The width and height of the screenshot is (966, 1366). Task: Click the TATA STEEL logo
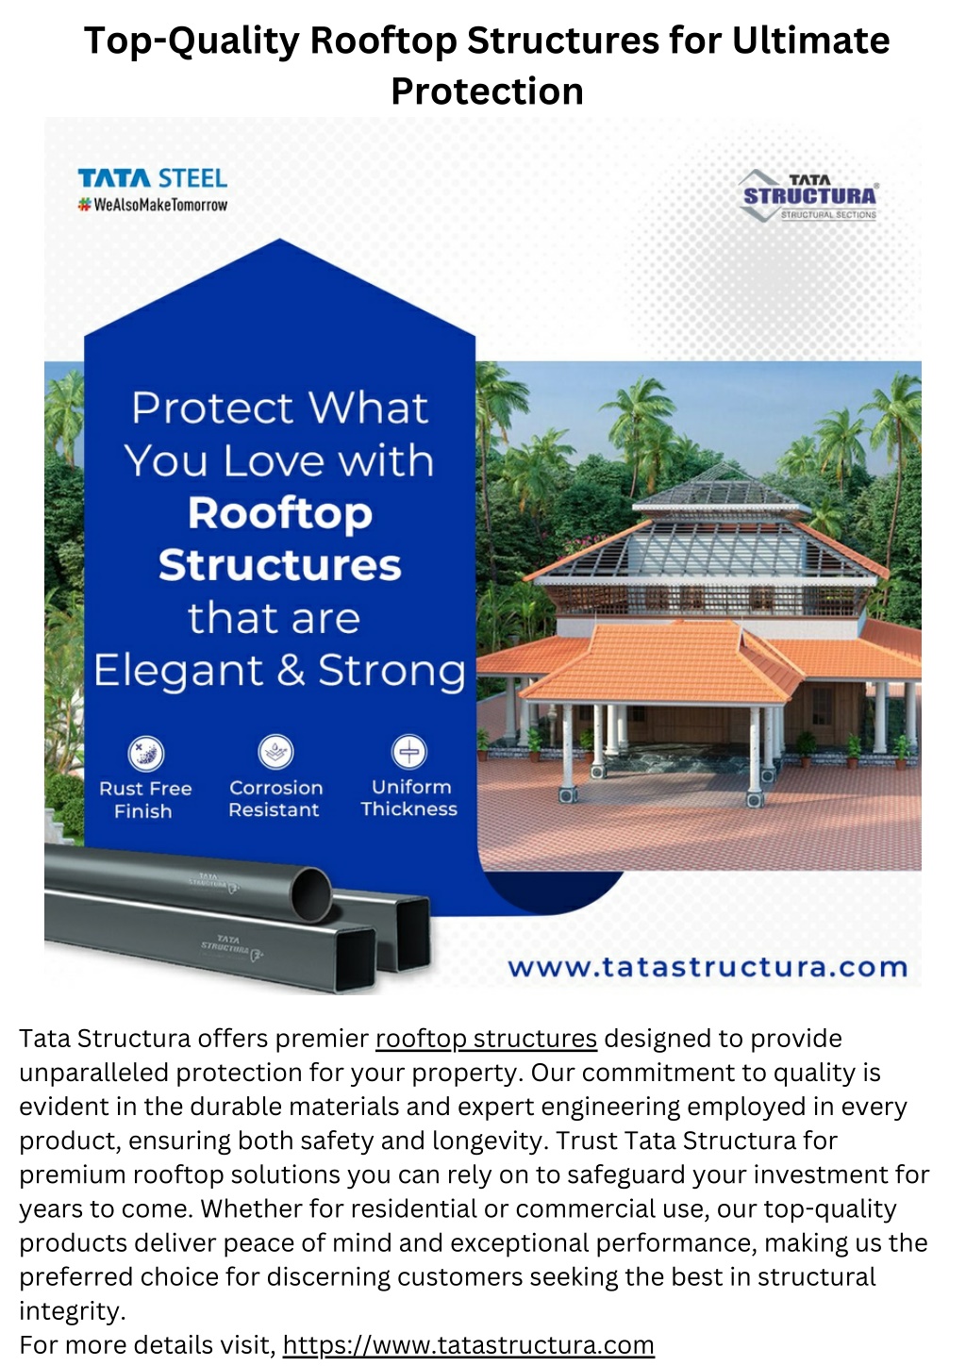pyautogui.click(x=153, y=178)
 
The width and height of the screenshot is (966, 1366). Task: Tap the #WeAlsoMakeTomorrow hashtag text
pyautogui.click(x=153, y=205)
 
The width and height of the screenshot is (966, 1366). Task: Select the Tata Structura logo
pyautogui.click(x=808, y=196)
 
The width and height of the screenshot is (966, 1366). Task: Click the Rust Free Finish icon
pyautogui.click(x=146, y=754)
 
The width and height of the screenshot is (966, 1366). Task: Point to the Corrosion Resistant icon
pyautogui.click(x=275, y=752)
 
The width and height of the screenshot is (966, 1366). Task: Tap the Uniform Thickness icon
pyautogui.click(x=408, y=751)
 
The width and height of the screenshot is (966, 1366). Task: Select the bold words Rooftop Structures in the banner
pyautogui.click(x=280, y=539)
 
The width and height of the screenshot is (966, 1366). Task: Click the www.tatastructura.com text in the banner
pyautogui.click(x=708, y=967)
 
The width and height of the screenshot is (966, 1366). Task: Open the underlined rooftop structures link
pyautogui.click(x=486, y=1038)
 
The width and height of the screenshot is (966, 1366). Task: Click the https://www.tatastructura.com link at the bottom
pyautogui.click(x=468, y=1344)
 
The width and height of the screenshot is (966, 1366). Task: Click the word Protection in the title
pyautogui.click(x=488, y=92)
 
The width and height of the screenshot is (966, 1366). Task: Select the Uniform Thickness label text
pyautogui.click(x=409, y=798)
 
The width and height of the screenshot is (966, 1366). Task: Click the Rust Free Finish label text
pyautogui.click(x=145, y=799)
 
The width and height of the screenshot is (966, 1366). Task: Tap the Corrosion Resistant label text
pyautogui.click(x=275, y=798)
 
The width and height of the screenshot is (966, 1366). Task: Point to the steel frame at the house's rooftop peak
pyautogui.click(x=722, y=486)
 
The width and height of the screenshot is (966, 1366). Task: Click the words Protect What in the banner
pyautogui.click(x=280, y=408)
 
